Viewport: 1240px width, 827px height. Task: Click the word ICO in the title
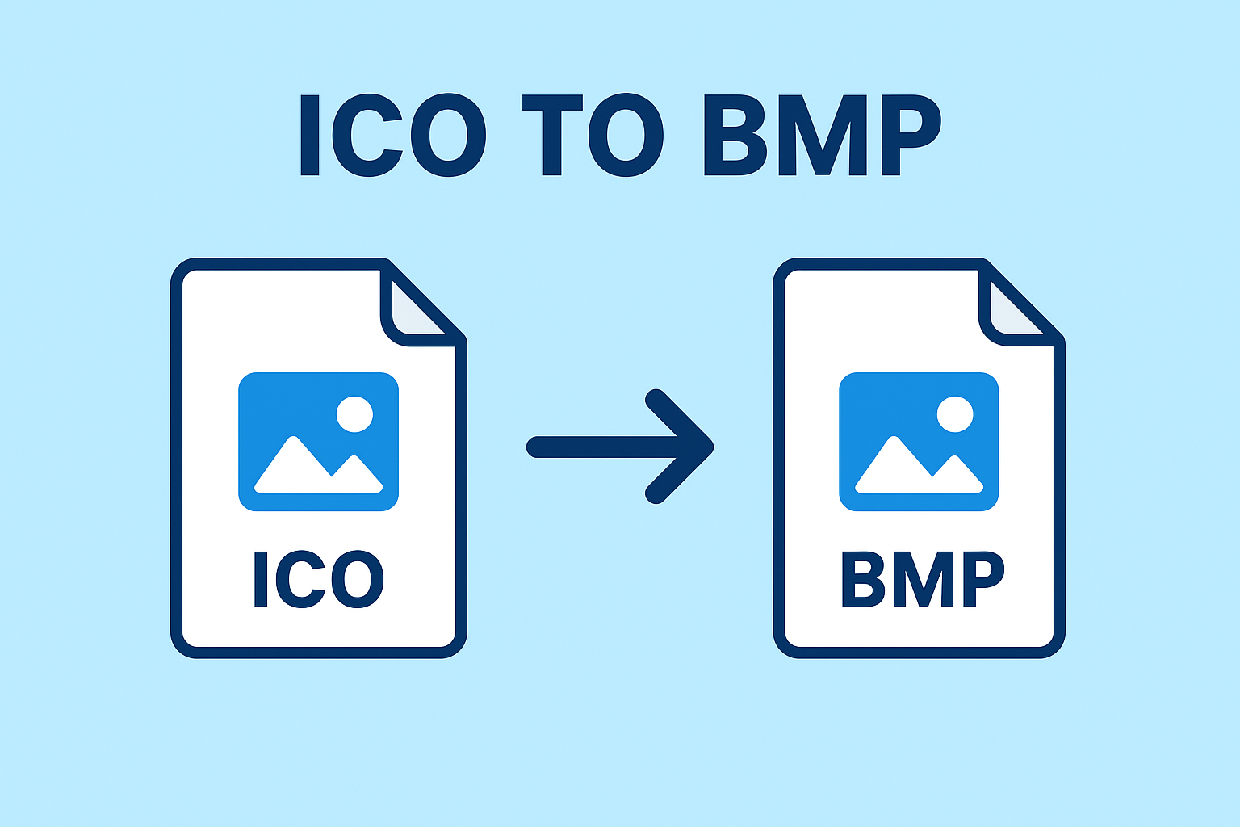392,135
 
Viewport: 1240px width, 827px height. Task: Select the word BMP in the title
822,135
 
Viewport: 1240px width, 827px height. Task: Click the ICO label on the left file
319,579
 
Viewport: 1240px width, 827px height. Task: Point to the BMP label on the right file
922,579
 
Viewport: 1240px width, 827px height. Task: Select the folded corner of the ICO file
416,311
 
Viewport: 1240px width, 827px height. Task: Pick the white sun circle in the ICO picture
354,414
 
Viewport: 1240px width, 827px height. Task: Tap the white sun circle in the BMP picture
955,414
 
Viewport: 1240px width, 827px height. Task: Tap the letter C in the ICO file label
307,579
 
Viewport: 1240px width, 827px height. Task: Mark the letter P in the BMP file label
981,579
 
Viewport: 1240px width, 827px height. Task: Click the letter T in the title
552,135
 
